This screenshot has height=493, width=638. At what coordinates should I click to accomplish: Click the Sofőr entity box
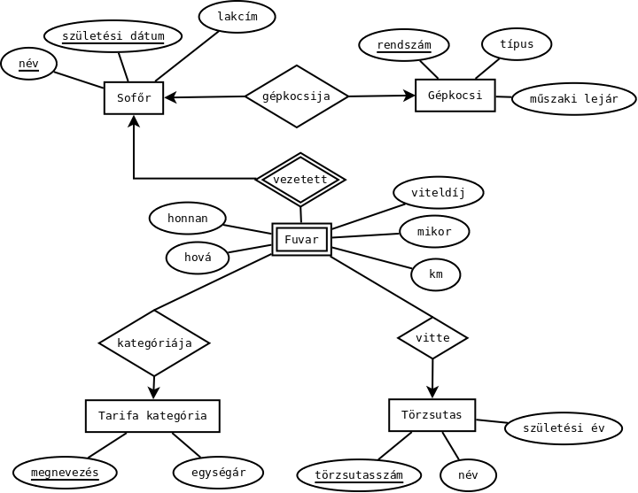point(134,98)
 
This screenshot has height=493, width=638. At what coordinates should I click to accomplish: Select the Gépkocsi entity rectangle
point(455,95)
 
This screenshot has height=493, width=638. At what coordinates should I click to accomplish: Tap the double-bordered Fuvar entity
point(301,239)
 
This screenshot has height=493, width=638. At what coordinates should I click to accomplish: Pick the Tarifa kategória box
point(152,415)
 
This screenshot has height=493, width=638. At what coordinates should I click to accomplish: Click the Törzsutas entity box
point(432,415)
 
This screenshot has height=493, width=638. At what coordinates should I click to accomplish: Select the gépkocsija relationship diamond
point(296,96)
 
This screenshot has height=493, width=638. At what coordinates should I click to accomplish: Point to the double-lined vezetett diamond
point(300,179)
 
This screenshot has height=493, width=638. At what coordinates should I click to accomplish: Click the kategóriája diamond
point(154,343)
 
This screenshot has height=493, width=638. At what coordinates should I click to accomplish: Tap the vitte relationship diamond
point(432,337)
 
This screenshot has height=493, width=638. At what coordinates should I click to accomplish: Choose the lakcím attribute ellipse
point(237,16)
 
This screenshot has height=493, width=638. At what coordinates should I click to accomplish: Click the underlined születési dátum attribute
point(113,36)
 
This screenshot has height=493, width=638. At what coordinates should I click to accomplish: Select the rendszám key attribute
point(403,45)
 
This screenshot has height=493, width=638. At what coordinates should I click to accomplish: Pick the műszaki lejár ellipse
point(573,98)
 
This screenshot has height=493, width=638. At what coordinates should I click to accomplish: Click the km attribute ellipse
point(435,274)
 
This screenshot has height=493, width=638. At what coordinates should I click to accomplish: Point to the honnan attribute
point(188,218)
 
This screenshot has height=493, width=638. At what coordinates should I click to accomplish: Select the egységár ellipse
point(217,471)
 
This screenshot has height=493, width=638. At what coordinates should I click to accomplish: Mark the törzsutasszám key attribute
point(358,475)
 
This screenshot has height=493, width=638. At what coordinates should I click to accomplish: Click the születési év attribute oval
point(564,428)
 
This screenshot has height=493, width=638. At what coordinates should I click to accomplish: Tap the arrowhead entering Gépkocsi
point(409,95)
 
